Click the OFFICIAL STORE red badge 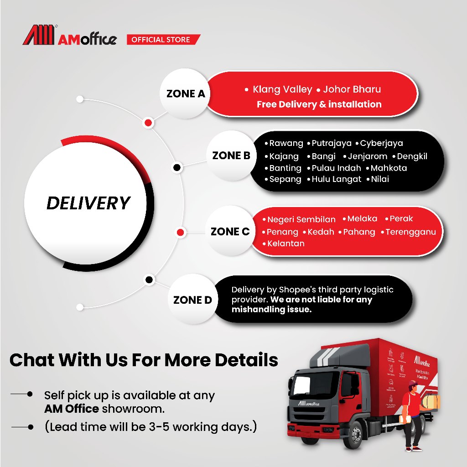click(x=161, y=40)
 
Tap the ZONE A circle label click(x=186, y=94)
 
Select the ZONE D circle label click(x=192, y=300)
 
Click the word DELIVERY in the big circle click(x=88, y=203)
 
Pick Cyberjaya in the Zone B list click(x=381, y=143)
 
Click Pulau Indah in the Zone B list click(x=336, y=168)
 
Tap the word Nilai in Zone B click(x=380, y=179)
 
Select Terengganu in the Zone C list click(x=410, y=232)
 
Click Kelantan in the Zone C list click(x=286, y=244)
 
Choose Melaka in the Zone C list click(x=362, y=219)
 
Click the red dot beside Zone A click(x=148, y=123)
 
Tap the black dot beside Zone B click(x=177, y=168)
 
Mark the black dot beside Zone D click(x=148, y=280)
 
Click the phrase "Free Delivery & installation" click(x=319, y=104)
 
